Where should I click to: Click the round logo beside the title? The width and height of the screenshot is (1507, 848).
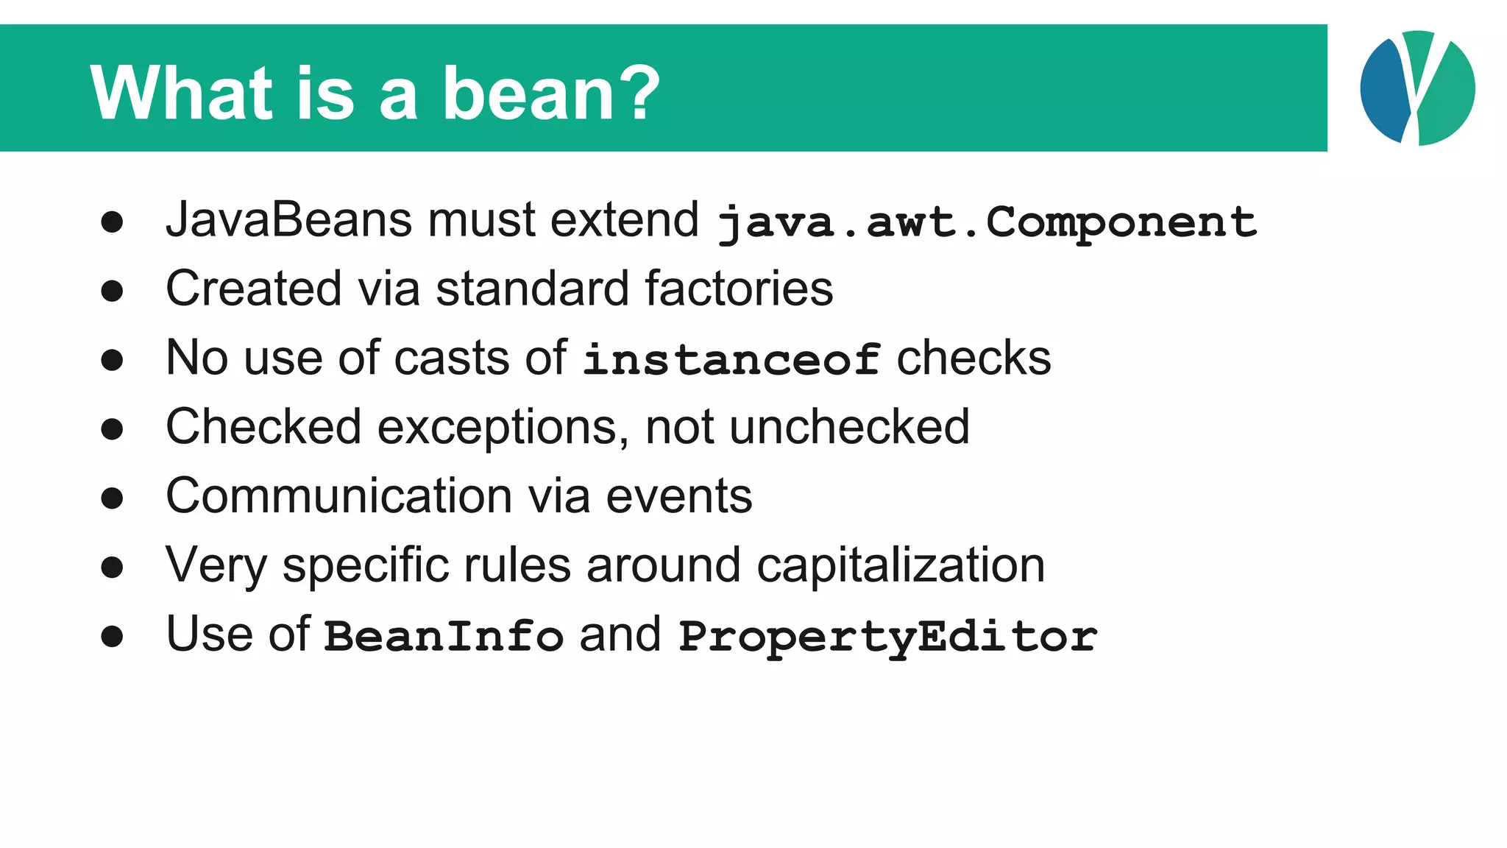[x=1417, y=88]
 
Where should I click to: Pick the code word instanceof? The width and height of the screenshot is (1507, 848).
[x=731, y=359]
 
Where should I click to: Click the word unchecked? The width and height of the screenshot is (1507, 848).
[x=849, y=427]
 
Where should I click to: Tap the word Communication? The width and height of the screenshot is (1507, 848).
[x=339, y=496]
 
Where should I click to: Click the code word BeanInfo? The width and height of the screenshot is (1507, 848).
[x=444, y=636]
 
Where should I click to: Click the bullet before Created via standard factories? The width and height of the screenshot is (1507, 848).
[x=112, y=291]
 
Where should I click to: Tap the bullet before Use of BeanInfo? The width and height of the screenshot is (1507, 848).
[x=112, y=636]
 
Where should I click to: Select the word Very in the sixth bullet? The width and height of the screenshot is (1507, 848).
[x=216, y=565]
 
